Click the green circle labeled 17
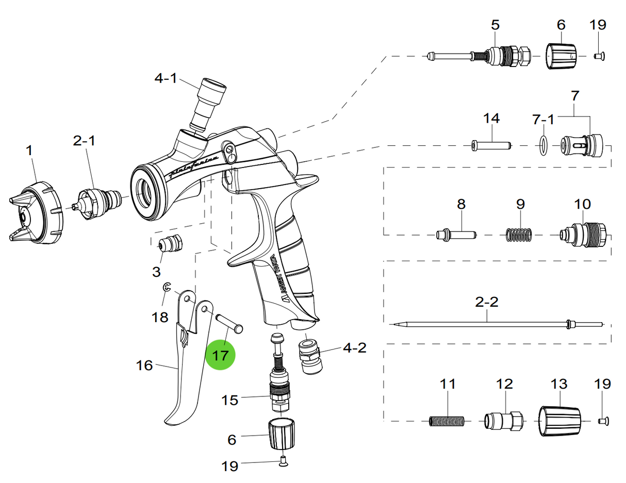(220, 356)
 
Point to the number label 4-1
(166, 78)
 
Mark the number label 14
(491, 119)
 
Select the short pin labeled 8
(456, 235)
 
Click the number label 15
(230, 400)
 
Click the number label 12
(504, 384)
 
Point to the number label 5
(495, 24)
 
